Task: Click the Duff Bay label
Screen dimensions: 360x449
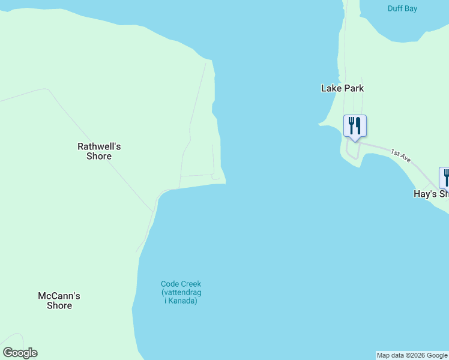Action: point(402,8)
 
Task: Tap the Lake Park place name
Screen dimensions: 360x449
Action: point(342,88)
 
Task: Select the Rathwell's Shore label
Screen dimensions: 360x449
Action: point(99,151)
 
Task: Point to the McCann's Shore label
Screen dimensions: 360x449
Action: point(59,301)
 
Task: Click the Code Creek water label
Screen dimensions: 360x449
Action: point(181,292)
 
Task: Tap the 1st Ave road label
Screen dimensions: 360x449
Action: point(400,157)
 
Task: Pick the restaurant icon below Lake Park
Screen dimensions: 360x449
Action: point(355,126)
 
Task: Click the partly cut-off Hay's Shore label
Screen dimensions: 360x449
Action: point(431,194)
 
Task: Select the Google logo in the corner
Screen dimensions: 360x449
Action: point(20,353)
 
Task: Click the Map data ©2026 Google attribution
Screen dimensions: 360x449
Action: point(412,355)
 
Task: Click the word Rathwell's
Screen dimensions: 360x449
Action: point(99,146)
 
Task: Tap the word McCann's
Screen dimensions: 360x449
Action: point(59,296)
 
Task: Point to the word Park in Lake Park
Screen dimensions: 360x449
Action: point(353,88)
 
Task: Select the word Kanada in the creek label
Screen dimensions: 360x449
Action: point(183,301)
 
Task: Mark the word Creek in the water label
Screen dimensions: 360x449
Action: point(191,284)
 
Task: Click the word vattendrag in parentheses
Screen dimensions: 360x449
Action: point(182,292)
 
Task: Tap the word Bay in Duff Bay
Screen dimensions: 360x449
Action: point(411,8)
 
